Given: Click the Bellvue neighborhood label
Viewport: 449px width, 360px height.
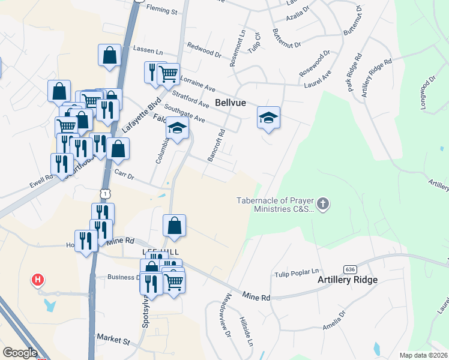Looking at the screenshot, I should pos(231,103).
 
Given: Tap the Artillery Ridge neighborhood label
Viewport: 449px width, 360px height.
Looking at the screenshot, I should pos(348,280).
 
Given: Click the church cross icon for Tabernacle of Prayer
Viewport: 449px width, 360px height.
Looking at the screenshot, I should pos(323,204).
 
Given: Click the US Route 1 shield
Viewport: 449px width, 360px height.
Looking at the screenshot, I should pos(105,193).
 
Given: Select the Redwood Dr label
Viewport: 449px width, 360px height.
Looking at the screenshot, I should pos(204,49).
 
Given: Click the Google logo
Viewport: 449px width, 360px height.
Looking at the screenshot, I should pos(20,353).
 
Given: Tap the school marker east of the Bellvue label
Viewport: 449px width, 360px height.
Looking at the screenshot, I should pos(268,118).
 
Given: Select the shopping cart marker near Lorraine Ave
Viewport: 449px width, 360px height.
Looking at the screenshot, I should pos(169,74).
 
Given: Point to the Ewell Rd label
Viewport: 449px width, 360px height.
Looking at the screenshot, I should pos(41,177).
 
